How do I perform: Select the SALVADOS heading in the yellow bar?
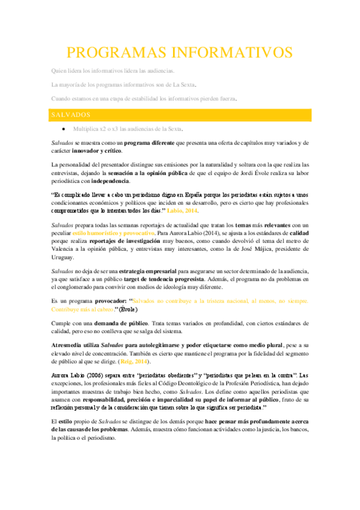(x=70, y=114)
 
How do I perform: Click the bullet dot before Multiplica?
(x=63, y=129)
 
